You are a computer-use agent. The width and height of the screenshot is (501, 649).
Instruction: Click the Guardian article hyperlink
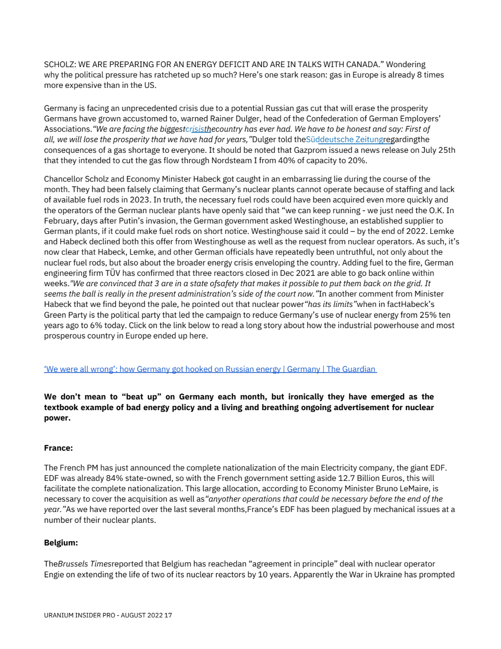click(x=210, y=369)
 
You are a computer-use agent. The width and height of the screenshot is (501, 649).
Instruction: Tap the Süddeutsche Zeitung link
click(x=344, y=139)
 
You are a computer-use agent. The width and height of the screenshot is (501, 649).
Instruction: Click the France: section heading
click(x=58, y=448)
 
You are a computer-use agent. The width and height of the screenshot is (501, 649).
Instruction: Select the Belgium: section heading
click(x=61, y=543)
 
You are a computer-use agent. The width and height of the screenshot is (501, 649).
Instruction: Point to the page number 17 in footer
click(x=168, y=615)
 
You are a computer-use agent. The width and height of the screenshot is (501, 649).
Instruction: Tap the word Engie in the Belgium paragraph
click(x=54, y=574)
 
